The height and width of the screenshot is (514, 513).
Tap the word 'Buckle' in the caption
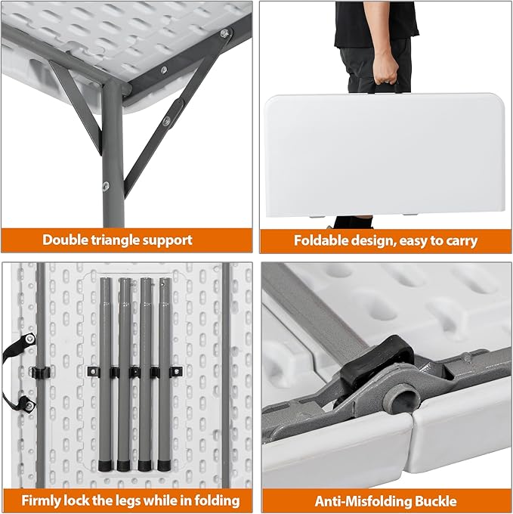click(x=435, y=501)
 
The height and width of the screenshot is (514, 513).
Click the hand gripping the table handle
click(x=385, y=68)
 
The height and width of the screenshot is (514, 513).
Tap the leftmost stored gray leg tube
click(x=106, y=374)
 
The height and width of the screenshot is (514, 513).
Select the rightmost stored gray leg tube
click(x=165, y=374)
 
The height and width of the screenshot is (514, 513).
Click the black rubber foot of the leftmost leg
click(x=105, y=466)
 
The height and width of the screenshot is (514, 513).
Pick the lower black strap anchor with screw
click(x=28, y=404)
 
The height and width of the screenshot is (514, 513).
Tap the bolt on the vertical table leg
click(x=106, y=186)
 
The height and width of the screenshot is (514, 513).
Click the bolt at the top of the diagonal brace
click(x=225, y=33)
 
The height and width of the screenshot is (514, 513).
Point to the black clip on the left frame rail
click(x=40, y=372)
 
